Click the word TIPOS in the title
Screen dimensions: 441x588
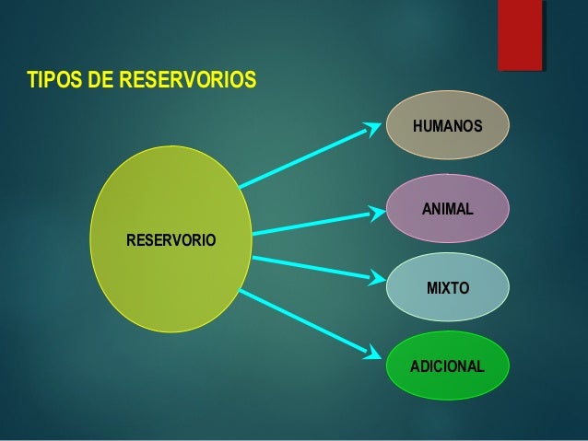click(x=53, y=79)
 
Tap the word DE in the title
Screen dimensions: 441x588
click(x=100, y=79)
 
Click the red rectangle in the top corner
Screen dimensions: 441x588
click(x=519, y=34)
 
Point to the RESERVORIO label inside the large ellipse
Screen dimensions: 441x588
click(x=171, y=240)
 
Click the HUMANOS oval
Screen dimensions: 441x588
click(x=447, y=125)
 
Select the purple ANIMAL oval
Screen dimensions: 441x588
click(x=447, y=209)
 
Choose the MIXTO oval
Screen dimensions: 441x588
click(x=447, y=287)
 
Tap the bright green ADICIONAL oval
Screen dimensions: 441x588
click(x=447, y=366)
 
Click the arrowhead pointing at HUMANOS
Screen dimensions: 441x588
click(x=373, y=127)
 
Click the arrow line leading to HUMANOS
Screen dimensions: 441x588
click(x=304, y=157)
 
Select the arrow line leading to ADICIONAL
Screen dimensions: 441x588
click(x=304, y=320)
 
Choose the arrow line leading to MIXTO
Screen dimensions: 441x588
click(x=309, y=267)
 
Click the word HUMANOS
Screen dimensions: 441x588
click(x=447, y=125)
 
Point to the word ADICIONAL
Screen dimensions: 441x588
click(x=447, y=366)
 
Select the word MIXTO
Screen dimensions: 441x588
click(x=447, y=289)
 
